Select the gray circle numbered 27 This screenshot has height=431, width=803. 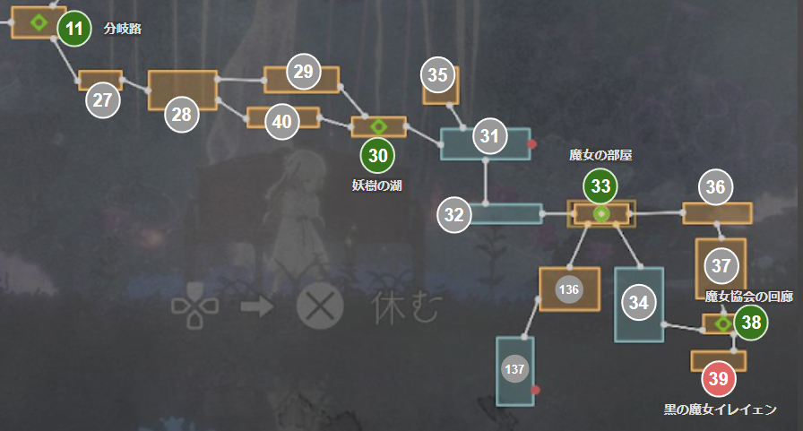coord(103,99)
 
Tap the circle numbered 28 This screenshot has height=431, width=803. coord(182,114)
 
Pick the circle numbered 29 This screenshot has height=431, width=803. coord(304,72)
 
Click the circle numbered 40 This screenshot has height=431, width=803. coord(282,122)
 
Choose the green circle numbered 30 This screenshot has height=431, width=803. coord(378,155)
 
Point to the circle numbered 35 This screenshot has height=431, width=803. coord(437,75)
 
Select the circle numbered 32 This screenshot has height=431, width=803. coord(454,215)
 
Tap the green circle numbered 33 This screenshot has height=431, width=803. coord(600,186)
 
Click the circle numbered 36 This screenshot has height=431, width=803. coord(715,187)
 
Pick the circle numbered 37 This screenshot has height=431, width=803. coord(721,265)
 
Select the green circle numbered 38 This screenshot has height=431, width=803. coord(751,323)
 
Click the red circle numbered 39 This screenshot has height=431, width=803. coord(718,379)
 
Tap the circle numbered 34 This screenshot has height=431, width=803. coord(638,303)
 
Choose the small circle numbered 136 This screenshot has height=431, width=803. coord(568,289)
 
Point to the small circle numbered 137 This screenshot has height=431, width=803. coord(514,369)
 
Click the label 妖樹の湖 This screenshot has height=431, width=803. coord(377,185)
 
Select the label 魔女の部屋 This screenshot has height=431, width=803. coord(600,155)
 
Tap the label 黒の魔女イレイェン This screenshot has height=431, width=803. coord(720,409)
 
